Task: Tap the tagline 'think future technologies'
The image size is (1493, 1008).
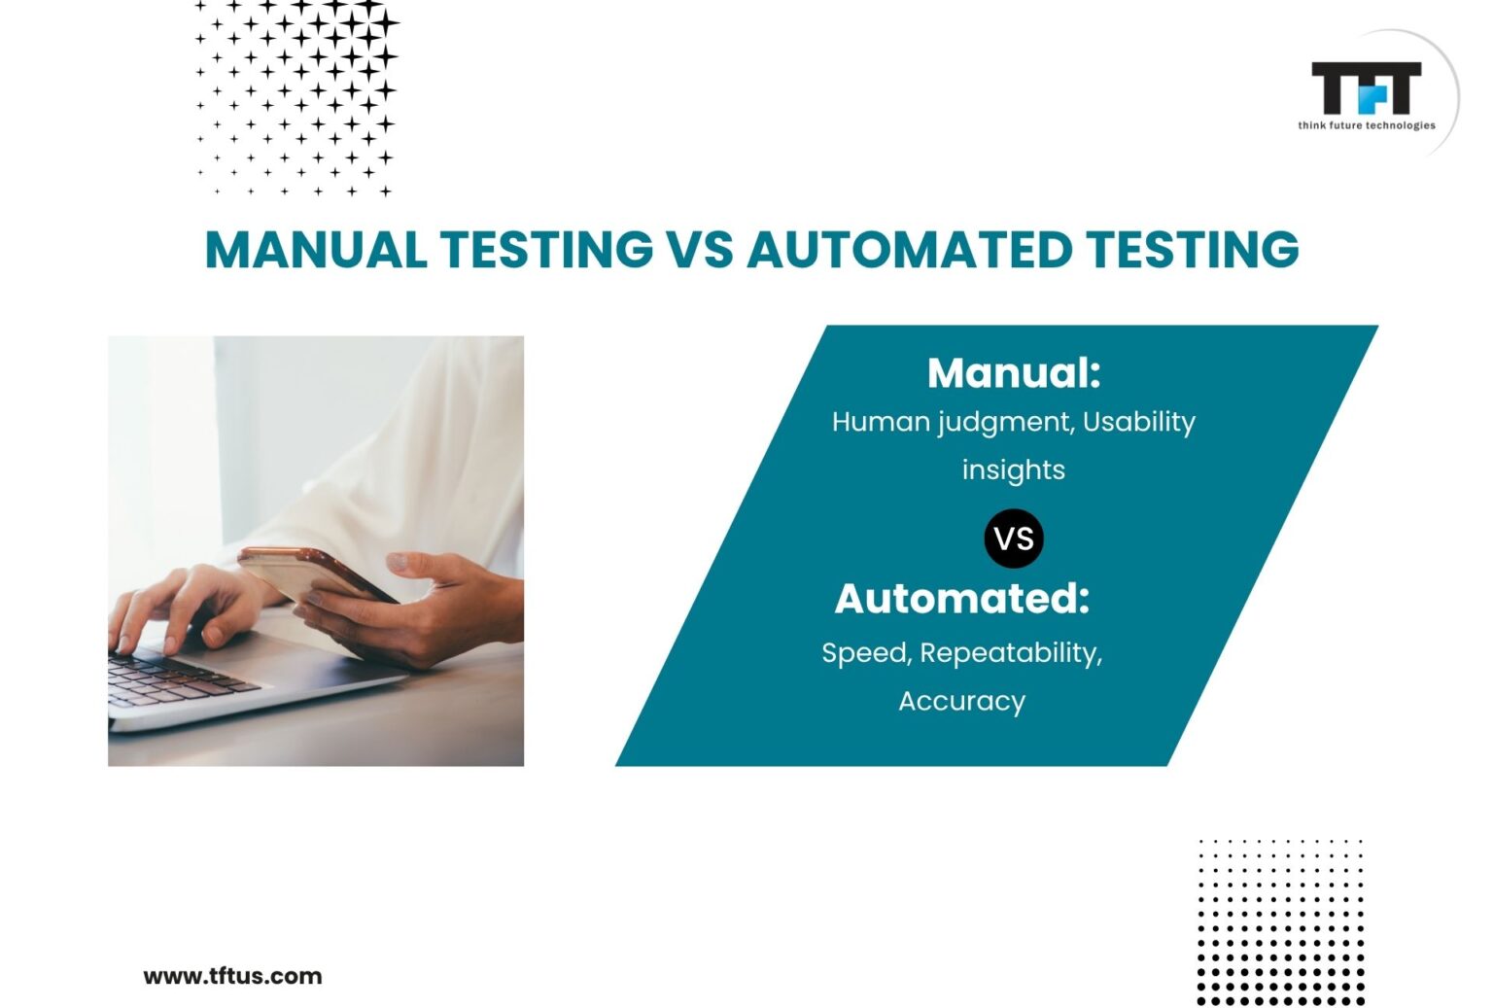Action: tap(1366, 125)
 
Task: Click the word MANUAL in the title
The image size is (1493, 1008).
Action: tap(316, 249)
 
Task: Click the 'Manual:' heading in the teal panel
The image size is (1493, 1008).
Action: tap(1014, 372)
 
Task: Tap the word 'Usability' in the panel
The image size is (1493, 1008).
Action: tap(1138, 422)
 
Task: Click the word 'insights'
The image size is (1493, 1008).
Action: tap(1014, 469)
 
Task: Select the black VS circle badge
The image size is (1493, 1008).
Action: tap(1014, 539)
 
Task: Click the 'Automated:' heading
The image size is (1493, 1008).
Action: tap(962, 599)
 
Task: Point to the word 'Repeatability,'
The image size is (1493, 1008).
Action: tap(1011, 652)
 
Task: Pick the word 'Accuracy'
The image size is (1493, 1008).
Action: tap(962, 701)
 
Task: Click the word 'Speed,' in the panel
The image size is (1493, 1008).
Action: tap(866, 652)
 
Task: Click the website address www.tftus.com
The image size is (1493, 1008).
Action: tap(232, 976)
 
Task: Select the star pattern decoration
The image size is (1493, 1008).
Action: tap(295, 97)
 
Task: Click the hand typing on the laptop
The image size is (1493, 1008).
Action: tap(180, 608)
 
